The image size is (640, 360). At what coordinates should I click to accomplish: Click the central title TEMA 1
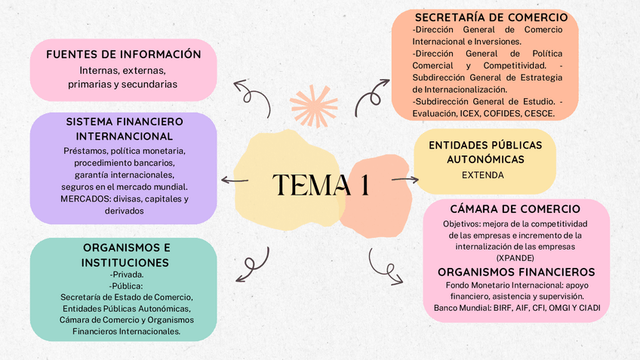point(321,185)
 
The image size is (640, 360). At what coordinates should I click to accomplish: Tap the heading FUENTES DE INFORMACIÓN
point(124,54)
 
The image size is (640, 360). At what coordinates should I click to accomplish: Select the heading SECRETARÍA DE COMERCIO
point(491,17)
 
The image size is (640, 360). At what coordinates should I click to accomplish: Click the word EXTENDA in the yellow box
point(482,175)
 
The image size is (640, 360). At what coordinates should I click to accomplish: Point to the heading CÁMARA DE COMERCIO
point(515,209)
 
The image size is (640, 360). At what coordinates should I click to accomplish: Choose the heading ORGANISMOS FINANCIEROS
point(516,272)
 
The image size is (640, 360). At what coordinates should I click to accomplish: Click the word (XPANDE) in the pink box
point(515,257)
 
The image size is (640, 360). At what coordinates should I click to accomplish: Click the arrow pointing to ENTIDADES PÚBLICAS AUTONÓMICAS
point(405,180)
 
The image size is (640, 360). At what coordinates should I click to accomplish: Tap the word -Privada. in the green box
point(126,274)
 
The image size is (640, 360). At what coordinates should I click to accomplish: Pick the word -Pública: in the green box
point(126,285)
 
